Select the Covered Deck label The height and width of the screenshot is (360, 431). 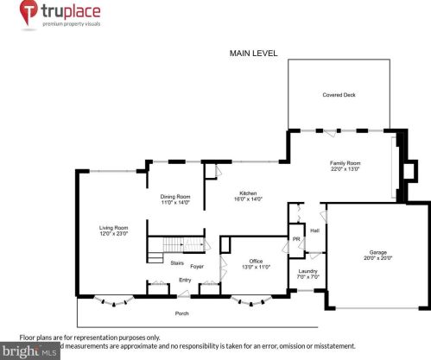click(x=339, y=96)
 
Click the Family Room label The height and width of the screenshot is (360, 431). click(x=345, y=162)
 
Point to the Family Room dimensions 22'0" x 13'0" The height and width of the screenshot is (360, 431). click(x=345, y=169)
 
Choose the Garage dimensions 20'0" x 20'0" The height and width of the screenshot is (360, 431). click(x=378, y=258)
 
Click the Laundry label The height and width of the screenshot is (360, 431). click(x=307, y=271)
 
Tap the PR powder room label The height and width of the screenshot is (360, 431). click(x=295, y=239)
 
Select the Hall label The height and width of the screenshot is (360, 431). click(x=314, y=231)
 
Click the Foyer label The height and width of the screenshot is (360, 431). click(x=197, y=266)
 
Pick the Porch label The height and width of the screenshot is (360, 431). click(x=182, y=313)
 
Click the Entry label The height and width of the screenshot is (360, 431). click(x=185, y=280)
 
